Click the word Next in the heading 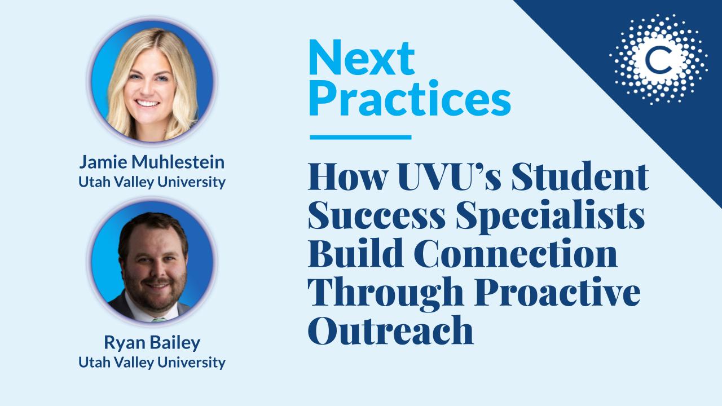pyautogui.click(x=362, y=58)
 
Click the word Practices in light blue pyautogui.click(x=410, y=98)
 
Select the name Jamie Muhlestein pyautogui.click(x=152, y=162)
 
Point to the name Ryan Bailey pyautogui.click(x=152, y=343)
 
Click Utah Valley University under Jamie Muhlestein pyautogui.click(x=152, y=182)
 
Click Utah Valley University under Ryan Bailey pyautogui.click(x=152, y=363)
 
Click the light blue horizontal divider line pyautogui.click(x=360, y=137)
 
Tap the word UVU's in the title pyautogui.click(x=449, y=176)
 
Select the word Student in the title pyautogui.click(x=580, y=176)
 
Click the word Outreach pyautogui.click(x=391, y=330)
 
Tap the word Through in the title pyautogui.click(x=386, y=293)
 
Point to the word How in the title pyautogui.click(x=348, y=176)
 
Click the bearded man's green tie pyautogui.click(x=159, y=320)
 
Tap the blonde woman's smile pyautogui.click(x=147, y=103)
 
